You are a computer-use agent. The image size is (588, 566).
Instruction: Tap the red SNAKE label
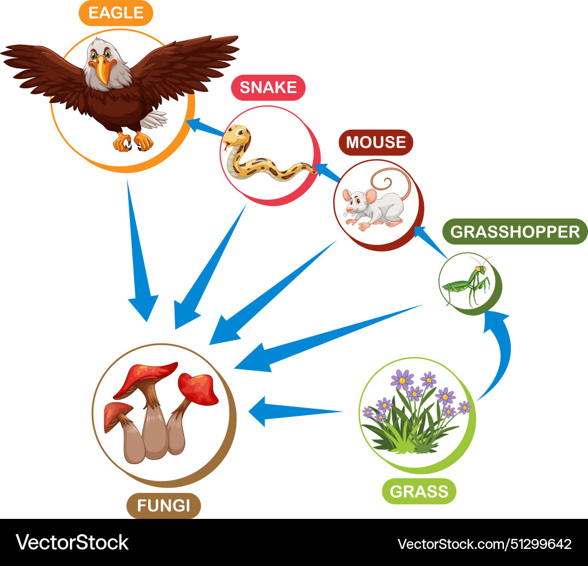[268, 88]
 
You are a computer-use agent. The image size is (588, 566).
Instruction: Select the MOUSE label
[376, 142]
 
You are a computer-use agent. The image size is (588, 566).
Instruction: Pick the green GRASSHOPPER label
[514, 231]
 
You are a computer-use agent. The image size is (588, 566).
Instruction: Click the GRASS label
[419, 491]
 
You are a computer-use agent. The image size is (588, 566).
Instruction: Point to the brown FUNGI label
[164, 505]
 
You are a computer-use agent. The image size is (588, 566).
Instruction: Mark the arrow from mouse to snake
[329, 172]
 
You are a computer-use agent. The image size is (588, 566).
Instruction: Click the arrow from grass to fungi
[294, 411]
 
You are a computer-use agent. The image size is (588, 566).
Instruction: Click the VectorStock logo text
[72, 542]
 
